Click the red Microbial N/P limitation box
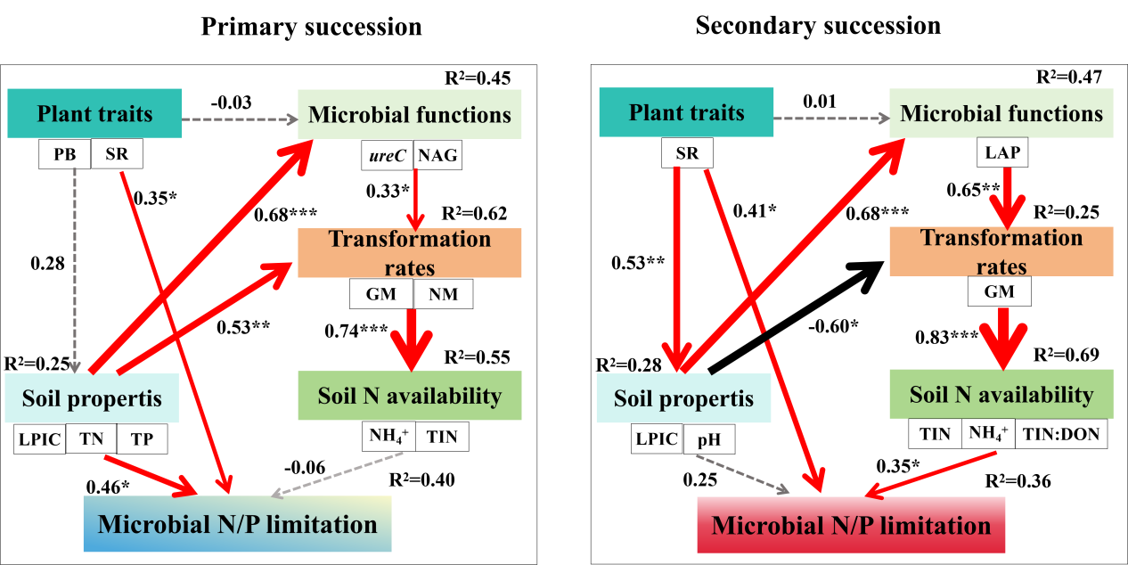click(x=851, y=525)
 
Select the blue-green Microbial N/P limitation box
click(x=237, y=524)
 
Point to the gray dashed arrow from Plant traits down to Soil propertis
click(x=75, y=267)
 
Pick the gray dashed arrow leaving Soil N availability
click(x=339, y=472)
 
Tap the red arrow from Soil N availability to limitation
click(x=931, y=474)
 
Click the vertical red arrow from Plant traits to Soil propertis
click(x=677, y=267)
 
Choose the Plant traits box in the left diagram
click(x=94, y=113)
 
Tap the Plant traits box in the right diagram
click(x=686, y=112)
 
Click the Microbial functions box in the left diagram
click(x=409, y=114)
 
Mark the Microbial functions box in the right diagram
click(x=1001, y=113)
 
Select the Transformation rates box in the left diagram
click(x=409, y=253)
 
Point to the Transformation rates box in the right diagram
click(x=1001, y=251)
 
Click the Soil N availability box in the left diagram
click(x=409, y=396)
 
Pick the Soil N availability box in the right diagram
click(x=1001, y=394)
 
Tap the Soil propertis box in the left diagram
click(x=92, y=397)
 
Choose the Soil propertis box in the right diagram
click(x=683, y=398)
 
